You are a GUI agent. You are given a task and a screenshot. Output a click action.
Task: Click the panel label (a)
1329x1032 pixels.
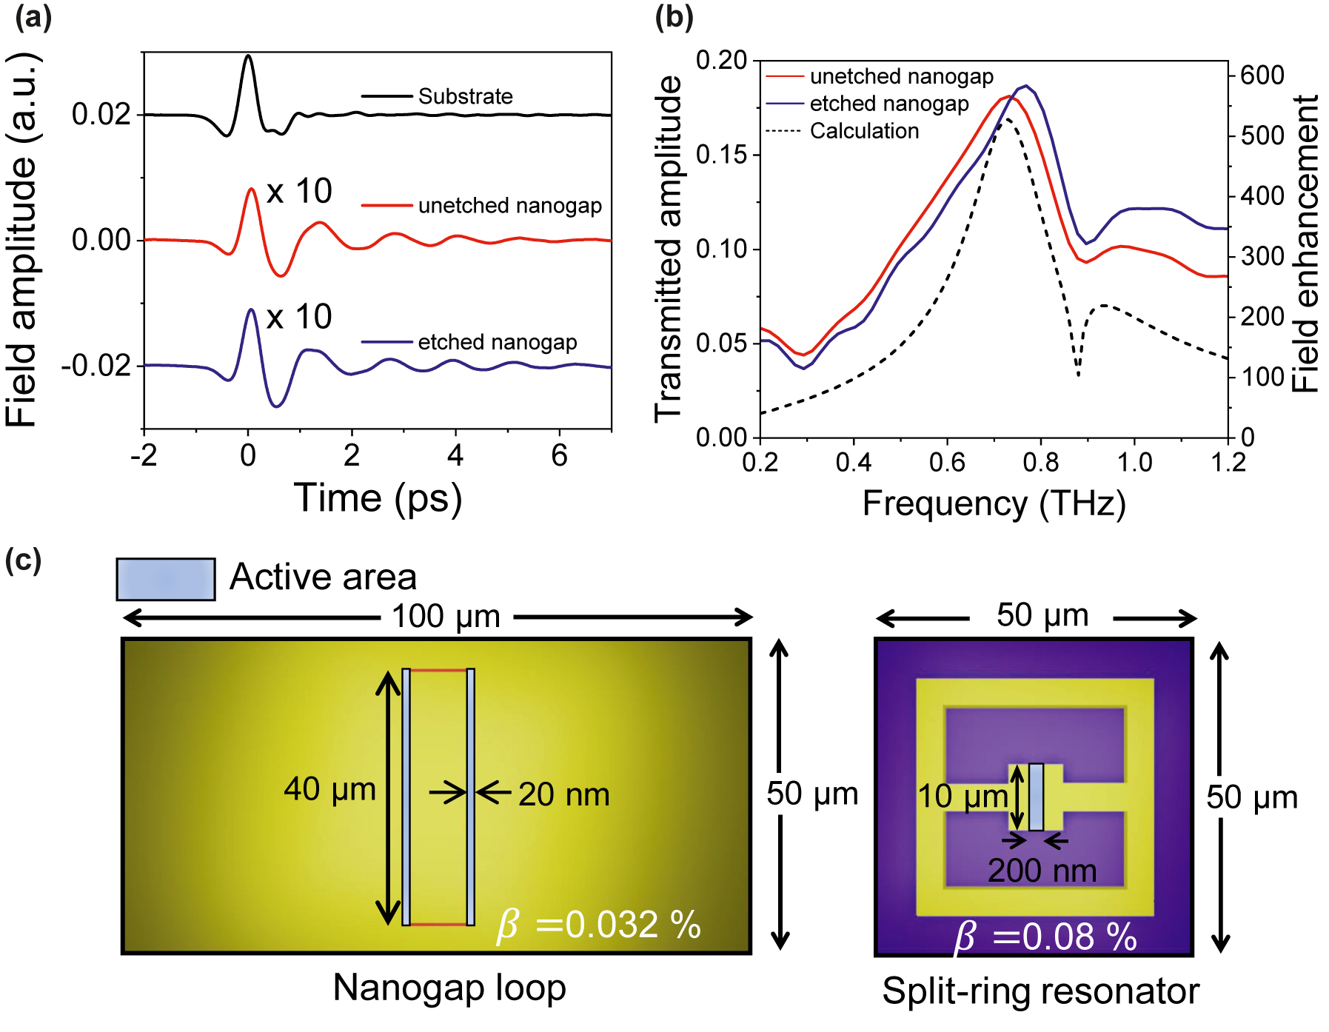[33, 16]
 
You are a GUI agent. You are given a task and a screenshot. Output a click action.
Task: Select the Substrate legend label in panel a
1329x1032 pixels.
[465, 96]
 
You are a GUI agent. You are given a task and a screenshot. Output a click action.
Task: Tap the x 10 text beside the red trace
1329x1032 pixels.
[299, 192]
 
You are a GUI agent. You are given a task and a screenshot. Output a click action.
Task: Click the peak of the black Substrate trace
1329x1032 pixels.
[248, 57]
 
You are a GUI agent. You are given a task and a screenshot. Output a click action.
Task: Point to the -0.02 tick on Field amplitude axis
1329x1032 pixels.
[96, 366]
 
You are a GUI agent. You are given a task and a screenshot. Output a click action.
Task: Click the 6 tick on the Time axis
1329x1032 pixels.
[559, 455]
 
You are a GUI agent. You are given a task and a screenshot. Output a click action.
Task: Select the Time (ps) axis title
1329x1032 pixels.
[378, 497]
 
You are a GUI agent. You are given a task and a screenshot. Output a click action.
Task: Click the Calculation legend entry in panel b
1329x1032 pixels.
[864, 131]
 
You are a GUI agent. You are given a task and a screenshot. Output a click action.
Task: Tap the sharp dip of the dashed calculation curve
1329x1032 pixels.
[1078, 374]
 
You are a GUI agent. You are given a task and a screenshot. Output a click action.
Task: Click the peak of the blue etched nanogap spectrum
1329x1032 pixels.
[1026, 86]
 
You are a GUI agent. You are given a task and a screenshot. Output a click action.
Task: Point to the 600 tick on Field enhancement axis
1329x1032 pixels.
[1262, 75]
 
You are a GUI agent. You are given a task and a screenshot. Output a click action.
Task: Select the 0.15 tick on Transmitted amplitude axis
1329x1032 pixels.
[721, 155]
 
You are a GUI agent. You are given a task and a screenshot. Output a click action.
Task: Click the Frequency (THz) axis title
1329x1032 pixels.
[994, 503]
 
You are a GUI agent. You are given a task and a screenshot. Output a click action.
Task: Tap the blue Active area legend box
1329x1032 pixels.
[166, 579]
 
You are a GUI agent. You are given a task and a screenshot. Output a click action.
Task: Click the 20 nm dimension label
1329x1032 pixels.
[564, 794]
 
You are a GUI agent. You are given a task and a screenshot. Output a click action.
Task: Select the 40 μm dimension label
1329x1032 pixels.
[329, 789]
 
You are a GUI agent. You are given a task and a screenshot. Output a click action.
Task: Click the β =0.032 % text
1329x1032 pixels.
[598, 925]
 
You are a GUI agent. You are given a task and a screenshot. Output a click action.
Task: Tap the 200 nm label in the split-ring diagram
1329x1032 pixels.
[1042, 871]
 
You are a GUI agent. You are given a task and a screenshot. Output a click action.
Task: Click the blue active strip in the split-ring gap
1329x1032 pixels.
[1036, 797]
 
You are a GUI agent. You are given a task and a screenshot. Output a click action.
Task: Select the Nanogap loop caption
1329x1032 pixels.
[449, 988]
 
